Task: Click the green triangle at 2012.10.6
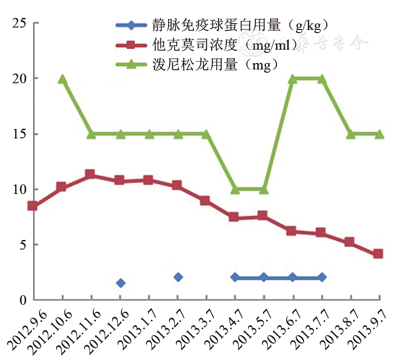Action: point(62,79)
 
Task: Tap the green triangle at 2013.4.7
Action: point(235,189)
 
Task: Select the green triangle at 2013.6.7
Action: point(293,79)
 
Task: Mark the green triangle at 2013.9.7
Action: point(379,134)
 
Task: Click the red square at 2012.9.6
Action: point(33,206)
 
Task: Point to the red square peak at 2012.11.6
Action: point(90,174)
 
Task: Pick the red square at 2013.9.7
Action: point(378,254)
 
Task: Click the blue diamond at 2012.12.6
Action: point(120,283)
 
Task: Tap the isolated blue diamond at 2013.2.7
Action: point(178,277)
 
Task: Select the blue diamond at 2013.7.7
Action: point(322,277)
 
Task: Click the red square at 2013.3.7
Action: point(205,200)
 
